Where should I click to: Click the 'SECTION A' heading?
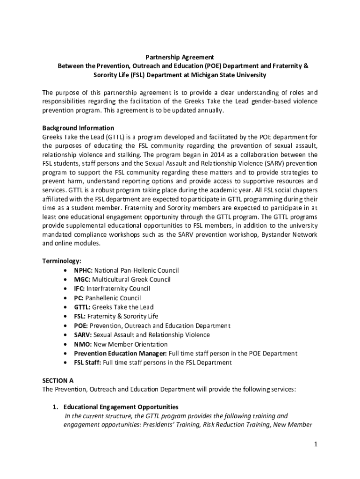click(58, 381)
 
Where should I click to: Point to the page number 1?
click(316, 444)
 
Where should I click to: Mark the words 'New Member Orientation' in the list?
click(127, 344)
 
